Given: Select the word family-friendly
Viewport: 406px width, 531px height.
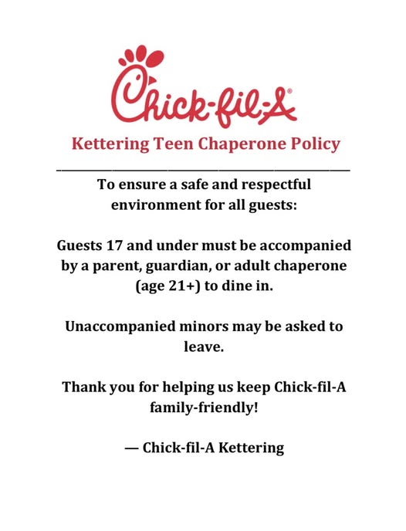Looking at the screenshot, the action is [204, 407].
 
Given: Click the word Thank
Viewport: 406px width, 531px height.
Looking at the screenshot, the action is [85, 387].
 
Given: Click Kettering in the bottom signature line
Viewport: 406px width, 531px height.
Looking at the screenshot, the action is [249, 448].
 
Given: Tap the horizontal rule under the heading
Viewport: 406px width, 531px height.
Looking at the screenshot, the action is [203, 169].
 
